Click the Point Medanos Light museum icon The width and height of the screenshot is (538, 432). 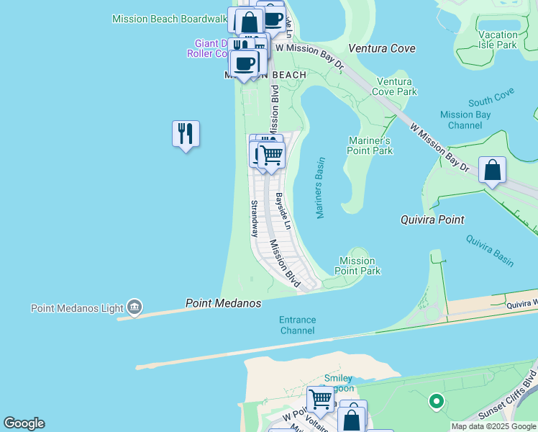click(134, 308)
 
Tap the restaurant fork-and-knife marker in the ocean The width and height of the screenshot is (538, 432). click(186, 134)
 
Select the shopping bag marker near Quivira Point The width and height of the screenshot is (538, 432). click(492, 171)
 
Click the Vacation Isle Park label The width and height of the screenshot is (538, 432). click(498, 40)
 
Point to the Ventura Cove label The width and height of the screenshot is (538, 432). click(382, 48)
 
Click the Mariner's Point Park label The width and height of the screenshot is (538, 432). click(370, 145)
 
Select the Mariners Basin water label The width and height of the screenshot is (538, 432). click(320, 188)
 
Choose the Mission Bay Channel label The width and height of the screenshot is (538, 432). click(465, 120)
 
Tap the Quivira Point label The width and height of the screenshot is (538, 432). click(432, 220)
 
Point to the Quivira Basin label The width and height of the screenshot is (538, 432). click(489, 251)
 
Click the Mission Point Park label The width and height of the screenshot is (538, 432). click(357, 266)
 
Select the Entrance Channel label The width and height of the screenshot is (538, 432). click(297, 325)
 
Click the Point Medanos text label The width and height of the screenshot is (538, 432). click(223, 303)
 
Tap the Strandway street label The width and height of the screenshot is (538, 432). click(254, 219)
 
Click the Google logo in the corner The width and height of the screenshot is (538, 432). click(24, 423)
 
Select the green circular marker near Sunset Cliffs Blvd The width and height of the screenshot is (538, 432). click(435, 401)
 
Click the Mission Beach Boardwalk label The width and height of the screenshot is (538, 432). click(170, 19)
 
